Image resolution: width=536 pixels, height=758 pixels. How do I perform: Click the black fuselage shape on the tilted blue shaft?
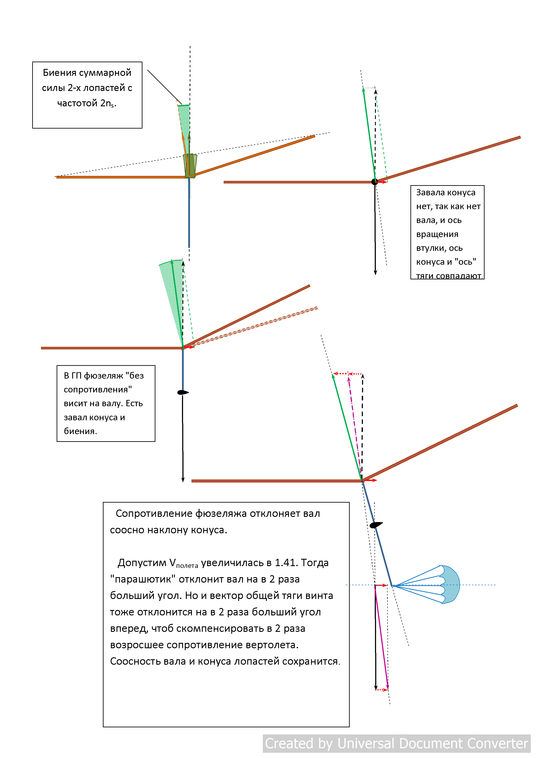click(x=376, y=525)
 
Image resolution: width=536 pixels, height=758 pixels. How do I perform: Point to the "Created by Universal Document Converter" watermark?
click(x=396, y=744)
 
